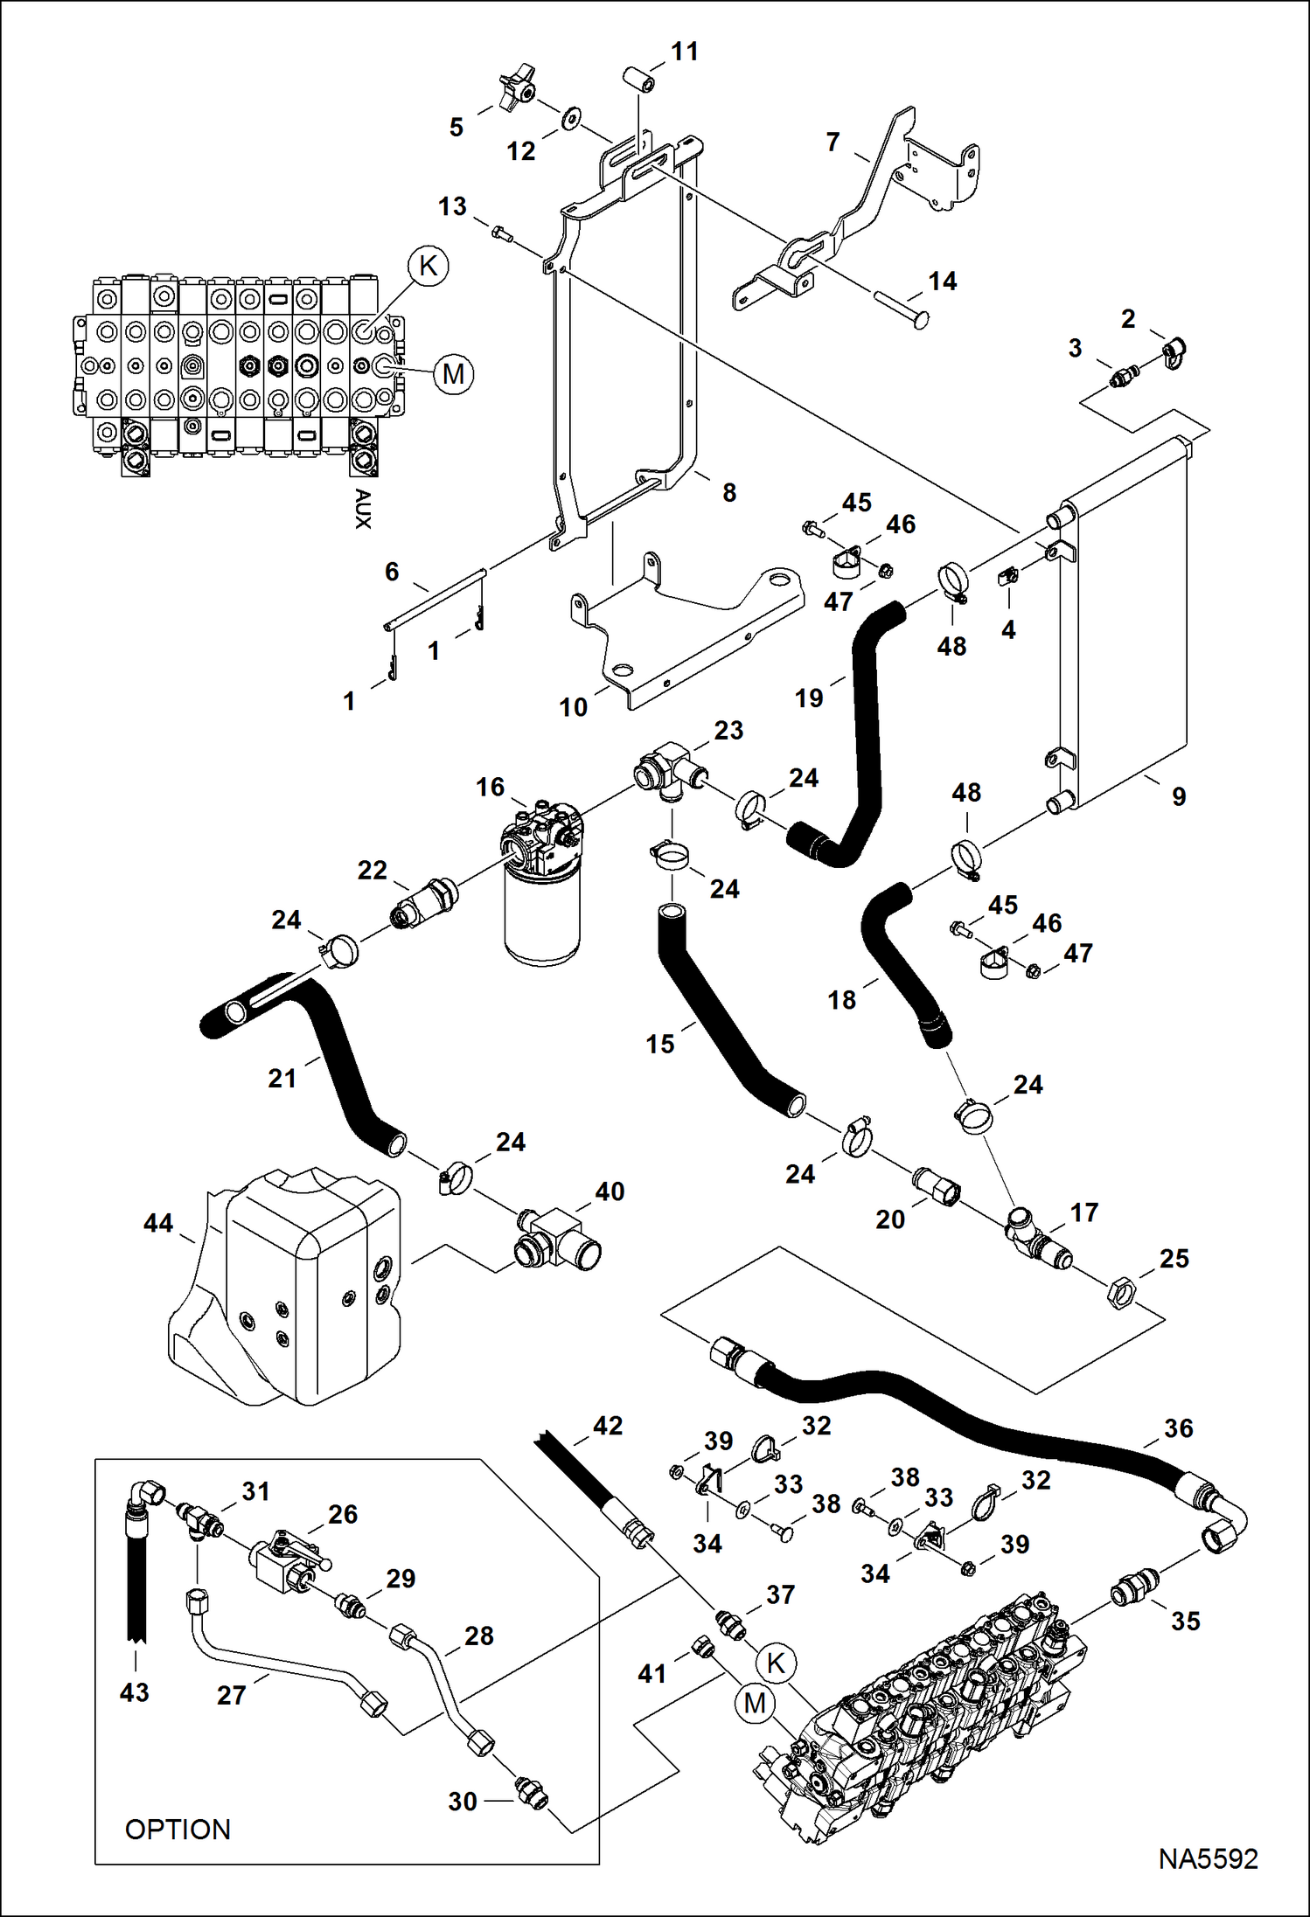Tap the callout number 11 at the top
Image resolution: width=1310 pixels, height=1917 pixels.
click(684, 52)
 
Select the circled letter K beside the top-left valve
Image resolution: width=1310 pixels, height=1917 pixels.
click(429, 265)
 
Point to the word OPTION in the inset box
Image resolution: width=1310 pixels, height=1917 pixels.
click(178, 1829)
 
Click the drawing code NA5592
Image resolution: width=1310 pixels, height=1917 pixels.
click(1208, 1858)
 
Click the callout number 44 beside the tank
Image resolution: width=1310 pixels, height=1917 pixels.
click(158, 1223)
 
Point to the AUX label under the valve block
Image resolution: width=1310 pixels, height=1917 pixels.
click(363, 508)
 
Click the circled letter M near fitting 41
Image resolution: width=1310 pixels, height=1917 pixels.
click(755, 1703)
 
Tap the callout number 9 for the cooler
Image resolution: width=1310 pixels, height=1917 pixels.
click(1179, 796)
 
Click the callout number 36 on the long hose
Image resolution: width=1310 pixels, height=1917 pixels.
click(1178, 1427)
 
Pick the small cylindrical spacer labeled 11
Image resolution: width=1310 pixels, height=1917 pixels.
click(638, 79)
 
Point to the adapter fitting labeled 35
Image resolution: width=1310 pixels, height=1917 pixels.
click(1135, 1587)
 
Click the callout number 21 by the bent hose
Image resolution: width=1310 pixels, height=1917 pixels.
click(282, 1078)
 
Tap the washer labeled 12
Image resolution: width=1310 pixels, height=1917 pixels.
click(571, 117)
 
